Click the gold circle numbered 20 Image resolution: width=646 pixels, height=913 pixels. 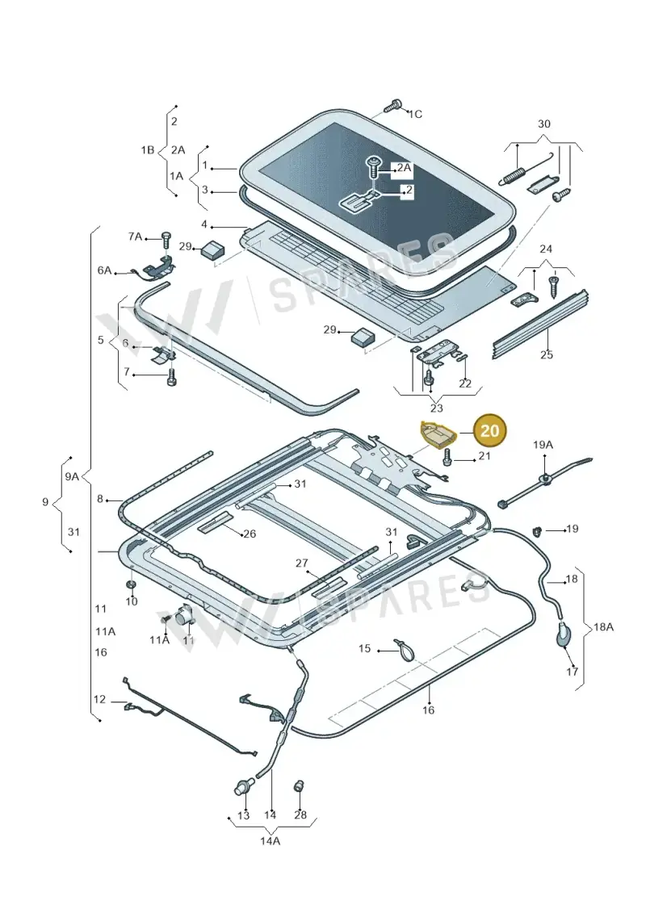click(x=490, y=430)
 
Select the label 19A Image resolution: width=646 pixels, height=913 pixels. click(x=543, y=446)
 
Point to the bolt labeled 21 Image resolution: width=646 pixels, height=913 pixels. click(x=447, y=457)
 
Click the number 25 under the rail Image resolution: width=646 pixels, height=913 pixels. click(x=547, y=354)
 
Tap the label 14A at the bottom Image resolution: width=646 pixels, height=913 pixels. click(x=271, y=840)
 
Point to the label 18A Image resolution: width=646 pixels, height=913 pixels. click(x=603, y=627)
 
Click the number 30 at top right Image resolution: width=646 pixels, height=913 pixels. click(x=543, y=124)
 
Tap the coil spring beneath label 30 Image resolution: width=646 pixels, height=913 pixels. click(x=514, y=175)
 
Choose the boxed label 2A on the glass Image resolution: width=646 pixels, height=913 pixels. click(x=404, y=168)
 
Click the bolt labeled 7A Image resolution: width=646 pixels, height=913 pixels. click(x=166, y=239)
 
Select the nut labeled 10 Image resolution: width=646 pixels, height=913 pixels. click(x=131, y=584)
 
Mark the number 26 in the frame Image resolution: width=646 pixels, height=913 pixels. click(x=250, y=534)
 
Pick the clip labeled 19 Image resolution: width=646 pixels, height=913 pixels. click(x=539, y=530)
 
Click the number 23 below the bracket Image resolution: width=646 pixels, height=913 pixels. click(x=436, y=408)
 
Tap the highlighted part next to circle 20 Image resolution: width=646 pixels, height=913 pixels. click(x=438, y=433)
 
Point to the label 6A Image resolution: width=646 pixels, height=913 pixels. click(x=104, y=270)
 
